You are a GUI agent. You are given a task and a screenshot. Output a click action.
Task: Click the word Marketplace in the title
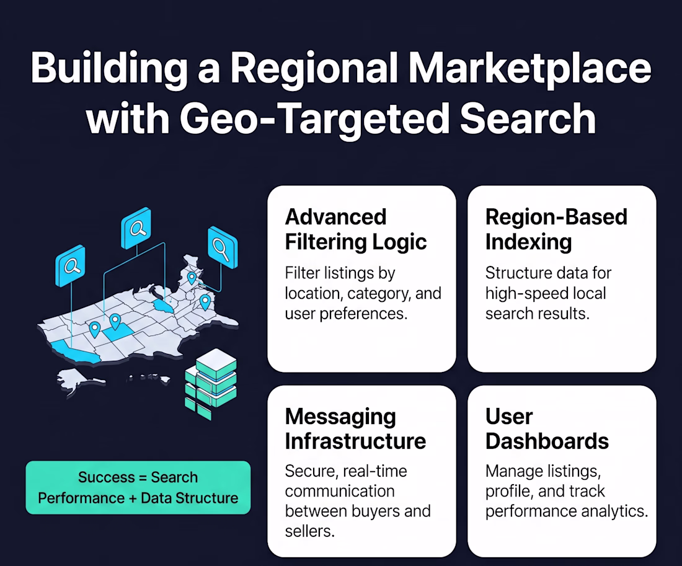(529, 69)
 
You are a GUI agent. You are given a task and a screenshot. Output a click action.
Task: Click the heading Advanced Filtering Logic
(356, 229)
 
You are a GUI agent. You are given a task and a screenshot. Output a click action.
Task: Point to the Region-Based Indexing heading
(556, 229)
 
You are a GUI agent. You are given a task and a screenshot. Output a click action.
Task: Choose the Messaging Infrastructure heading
(355, 428)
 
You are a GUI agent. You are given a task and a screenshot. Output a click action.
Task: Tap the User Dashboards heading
(547, 428)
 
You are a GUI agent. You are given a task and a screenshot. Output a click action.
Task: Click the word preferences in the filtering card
(363, 314)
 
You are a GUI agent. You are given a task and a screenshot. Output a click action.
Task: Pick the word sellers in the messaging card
(309, 531)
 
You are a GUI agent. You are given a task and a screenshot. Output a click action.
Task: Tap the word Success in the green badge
(107, 477)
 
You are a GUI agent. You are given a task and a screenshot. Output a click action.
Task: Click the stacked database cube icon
(211, 384)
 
